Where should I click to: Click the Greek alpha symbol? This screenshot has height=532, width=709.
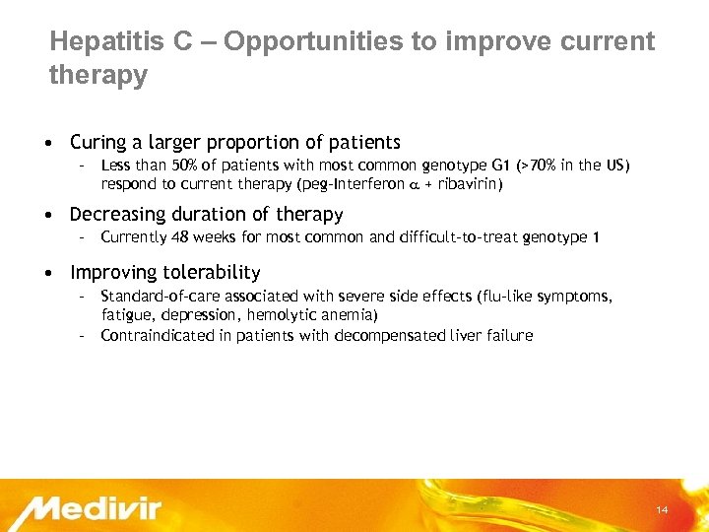point(413,184)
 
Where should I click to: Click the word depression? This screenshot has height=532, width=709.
point(196,315)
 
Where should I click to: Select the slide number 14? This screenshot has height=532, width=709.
point(662,509)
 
